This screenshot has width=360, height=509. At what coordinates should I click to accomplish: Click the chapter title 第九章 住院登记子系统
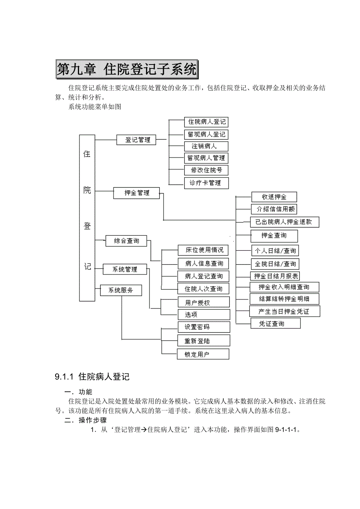click(x=127, y=70)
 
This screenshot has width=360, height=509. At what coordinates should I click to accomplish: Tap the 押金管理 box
click(x=137, y=193)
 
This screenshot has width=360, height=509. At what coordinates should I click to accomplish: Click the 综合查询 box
click(x=126, y=241)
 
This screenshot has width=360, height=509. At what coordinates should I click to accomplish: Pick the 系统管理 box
click(x=125, y=269)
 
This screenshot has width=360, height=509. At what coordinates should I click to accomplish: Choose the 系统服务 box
click(x=121, y=290)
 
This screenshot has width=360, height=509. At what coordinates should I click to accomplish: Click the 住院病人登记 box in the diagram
click(x=207, y=122)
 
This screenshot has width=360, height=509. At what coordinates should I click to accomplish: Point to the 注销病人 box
click(x=206, y=146)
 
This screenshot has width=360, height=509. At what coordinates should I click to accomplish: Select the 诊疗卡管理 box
click(x=206, y=183)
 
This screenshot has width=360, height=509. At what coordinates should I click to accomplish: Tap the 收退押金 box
click(x=274, y=197)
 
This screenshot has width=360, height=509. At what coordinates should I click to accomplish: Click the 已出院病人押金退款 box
click(x=285, y=222)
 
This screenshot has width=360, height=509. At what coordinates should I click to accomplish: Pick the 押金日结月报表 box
click(x=275, y=276)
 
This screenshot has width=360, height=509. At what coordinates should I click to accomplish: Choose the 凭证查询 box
click(x=275, y=323)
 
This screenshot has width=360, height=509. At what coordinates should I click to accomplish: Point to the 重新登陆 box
click(x=203, y=341)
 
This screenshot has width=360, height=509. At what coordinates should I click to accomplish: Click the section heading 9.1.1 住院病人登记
click(x=92, y=377)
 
